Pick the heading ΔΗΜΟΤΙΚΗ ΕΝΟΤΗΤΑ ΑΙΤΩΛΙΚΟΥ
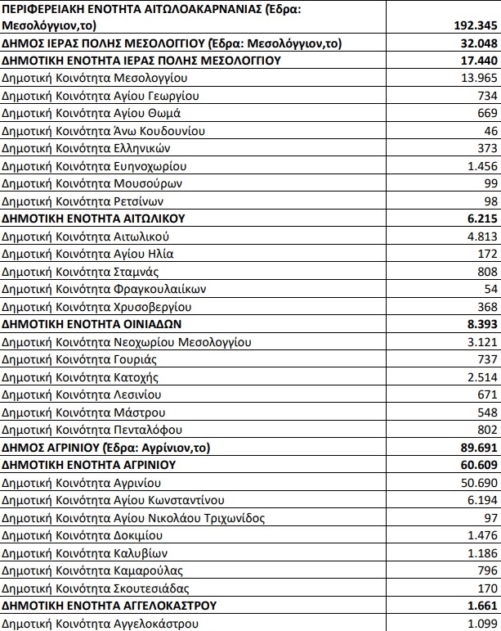[x=94, y=219]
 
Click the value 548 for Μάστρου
[x=484, y=412]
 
